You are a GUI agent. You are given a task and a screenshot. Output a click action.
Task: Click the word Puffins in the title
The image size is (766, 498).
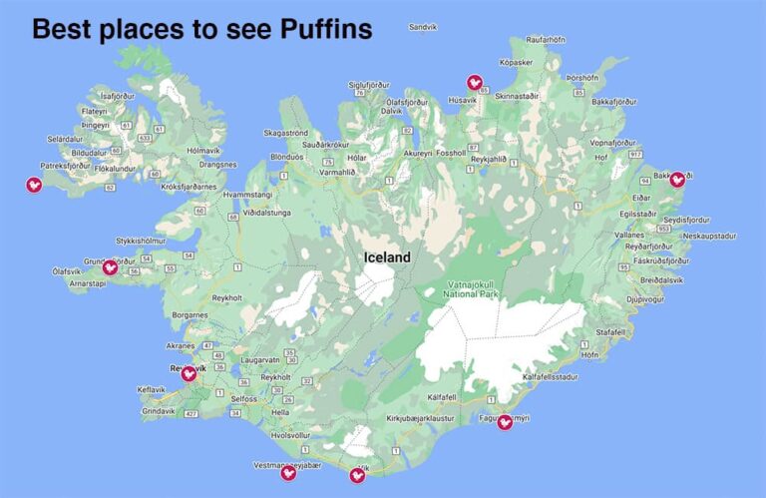(314, 30)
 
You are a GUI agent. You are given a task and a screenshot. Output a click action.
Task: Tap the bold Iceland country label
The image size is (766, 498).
(386, 257)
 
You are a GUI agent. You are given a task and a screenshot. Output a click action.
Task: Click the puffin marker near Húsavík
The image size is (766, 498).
(475, 83)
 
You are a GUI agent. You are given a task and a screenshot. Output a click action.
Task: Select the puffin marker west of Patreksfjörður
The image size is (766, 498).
(34, 184)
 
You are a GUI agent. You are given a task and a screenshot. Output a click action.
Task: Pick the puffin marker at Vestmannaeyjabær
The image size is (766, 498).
(288, 472)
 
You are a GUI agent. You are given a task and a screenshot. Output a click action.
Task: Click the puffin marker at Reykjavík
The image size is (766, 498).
(188, 373)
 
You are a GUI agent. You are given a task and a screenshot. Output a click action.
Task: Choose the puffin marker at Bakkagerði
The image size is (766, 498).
(677, 180)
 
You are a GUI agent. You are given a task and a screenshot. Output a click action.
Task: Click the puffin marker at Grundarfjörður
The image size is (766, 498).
(111, 266)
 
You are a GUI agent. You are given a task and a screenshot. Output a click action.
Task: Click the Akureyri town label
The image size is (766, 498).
(419, 154)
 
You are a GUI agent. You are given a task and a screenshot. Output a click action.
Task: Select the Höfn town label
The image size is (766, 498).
(590, 354)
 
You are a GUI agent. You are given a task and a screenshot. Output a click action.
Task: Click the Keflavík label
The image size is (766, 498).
(152, 389)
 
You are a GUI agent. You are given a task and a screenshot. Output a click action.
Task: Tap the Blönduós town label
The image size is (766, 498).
(285, 157)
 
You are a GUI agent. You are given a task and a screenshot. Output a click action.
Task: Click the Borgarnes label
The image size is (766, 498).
(189, 314)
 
